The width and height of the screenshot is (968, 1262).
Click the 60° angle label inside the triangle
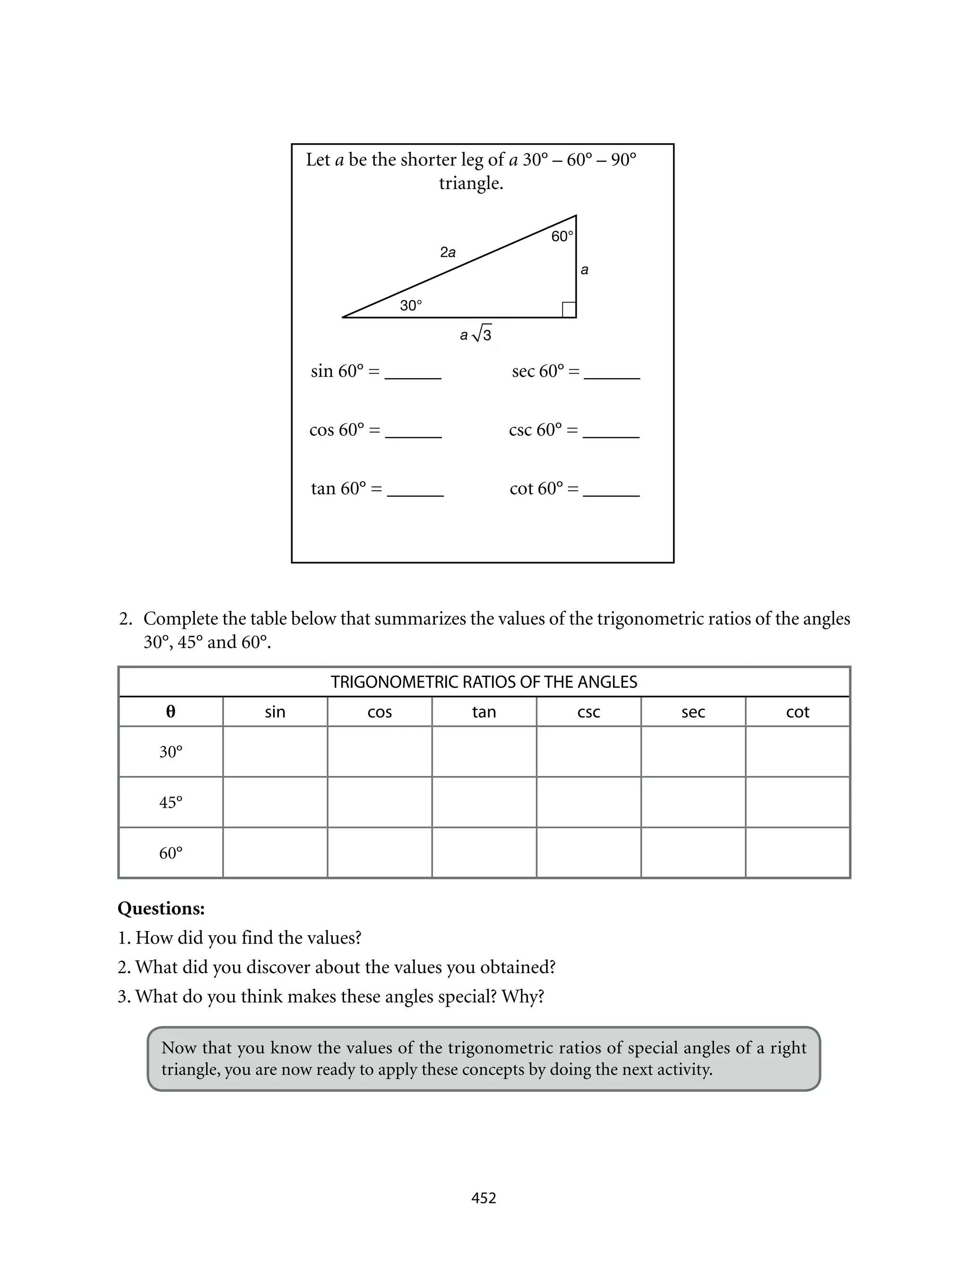pyautogui.click(x=562, y=236)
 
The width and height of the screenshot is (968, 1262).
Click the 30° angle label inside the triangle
pyautogui.click(x=411, y=305)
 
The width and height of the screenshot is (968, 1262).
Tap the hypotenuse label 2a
pyautogui.click(x=448, y=252)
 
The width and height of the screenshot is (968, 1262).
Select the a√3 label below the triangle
pyautogui.click(x=476, y=334)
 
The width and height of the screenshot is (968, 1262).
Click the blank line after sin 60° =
pyautogui.click(x=413, y=374)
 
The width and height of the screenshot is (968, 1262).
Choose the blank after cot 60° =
pyautogui.click(x=611, y=492)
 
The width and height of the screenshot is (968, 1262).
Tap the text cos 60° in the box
pyautogui.click(x=337, y=430)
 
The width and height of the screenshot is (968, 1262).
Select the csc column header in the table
pyautogui.click(x=588, y=712)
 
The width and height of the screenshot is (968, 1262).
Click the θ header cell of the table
pyautogui.click(x=171, y=712)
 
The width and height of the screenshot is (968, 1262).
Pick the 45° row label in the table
pyautogui.click(x=171, y=802)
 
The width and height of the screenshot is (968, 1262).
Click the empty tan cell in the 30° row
pyautogui.click(x=484, y=751)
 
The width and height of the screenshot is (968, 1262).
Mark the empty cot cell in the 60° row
pyautogui.click(x=797, y=853)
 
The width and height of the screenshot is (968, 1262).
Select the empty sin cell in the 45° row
pyautogui.click(x=275, y=802)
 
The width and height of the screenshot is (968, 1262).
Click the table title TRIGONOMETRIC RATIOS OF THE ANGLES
pyautogui.click(x=484, y=682)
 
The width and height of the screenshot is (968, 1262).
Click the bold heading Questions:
pyautogui.click(x=161, y=909)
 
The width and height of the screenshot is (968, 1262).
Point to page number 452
pyautogui.click(x=484, y=1198)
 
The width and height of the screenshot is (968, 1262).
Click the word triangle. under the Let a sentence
pyautogui.click(x=471, y=183)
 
